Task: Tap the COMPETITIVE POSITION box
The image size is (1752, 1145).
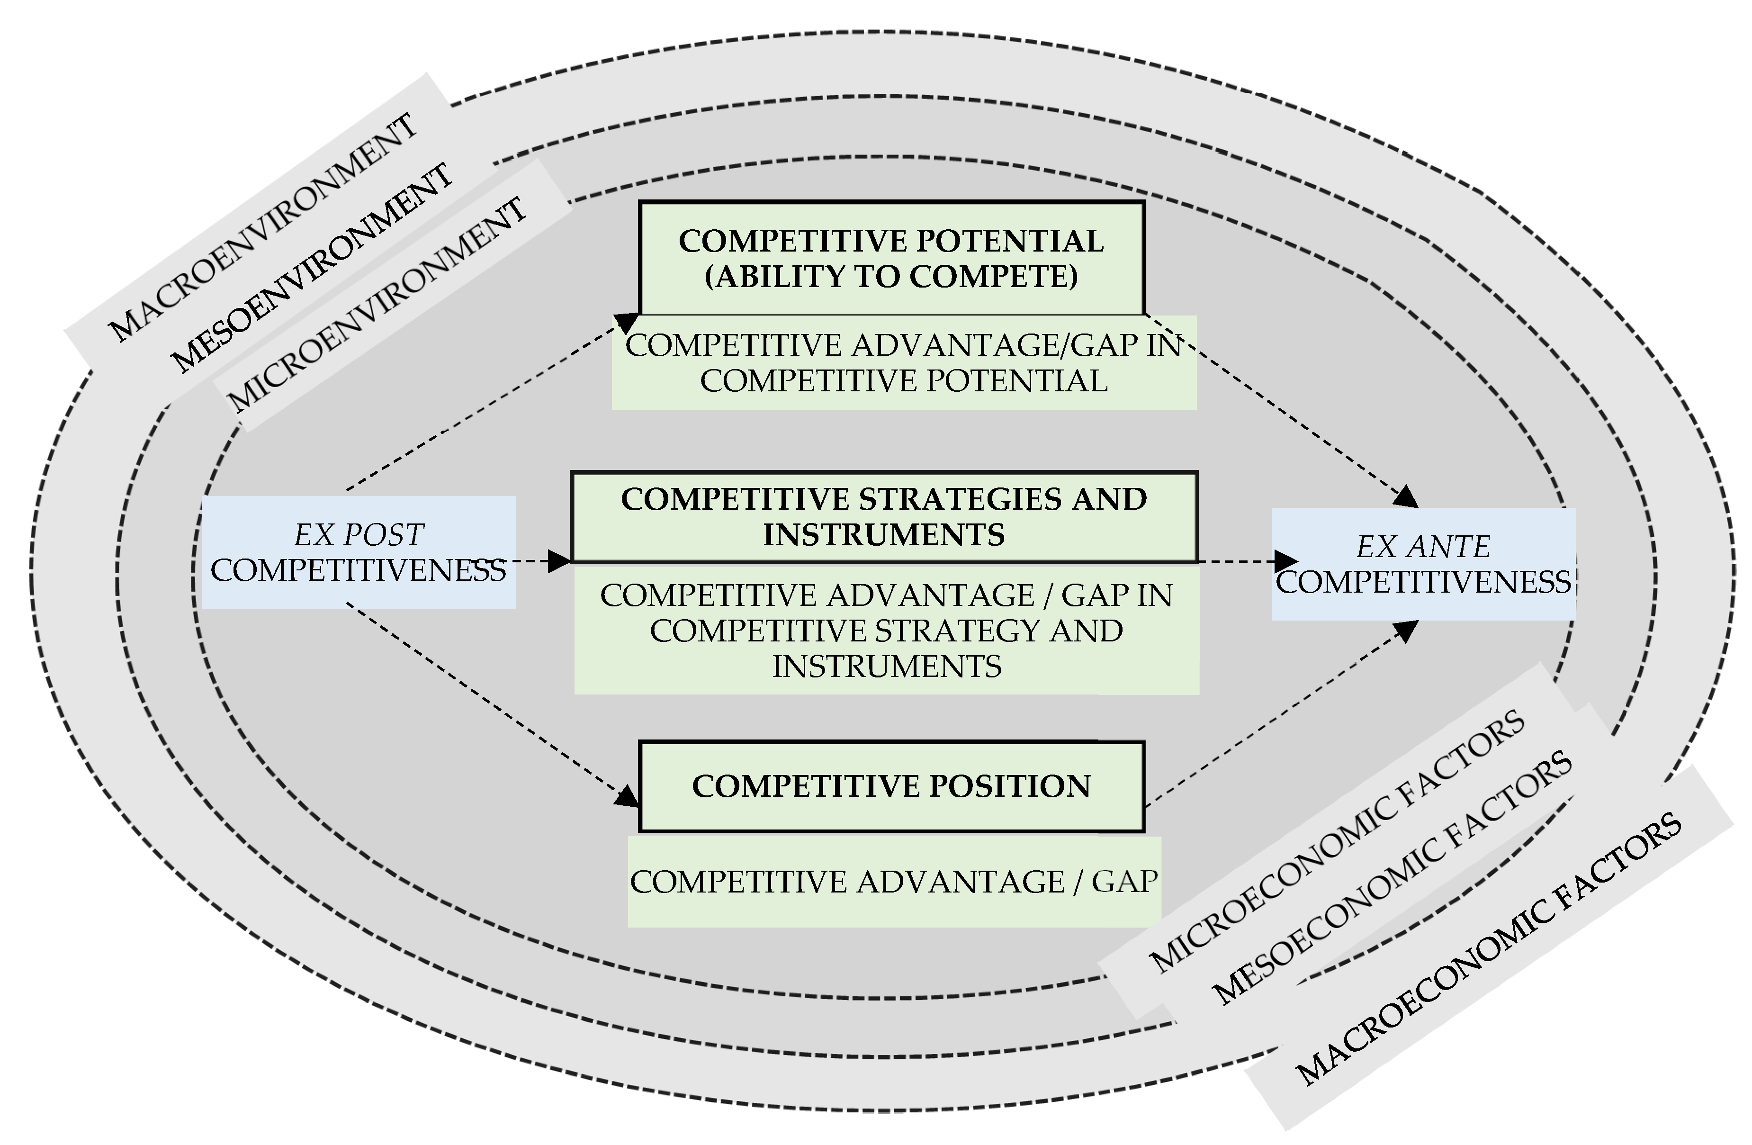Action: point(891,786)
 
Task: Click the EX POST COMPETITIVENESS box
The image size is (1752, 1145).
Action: point(359,553)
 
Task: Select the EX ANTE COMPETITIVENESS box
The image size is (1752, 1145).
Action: point(1423,565)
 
